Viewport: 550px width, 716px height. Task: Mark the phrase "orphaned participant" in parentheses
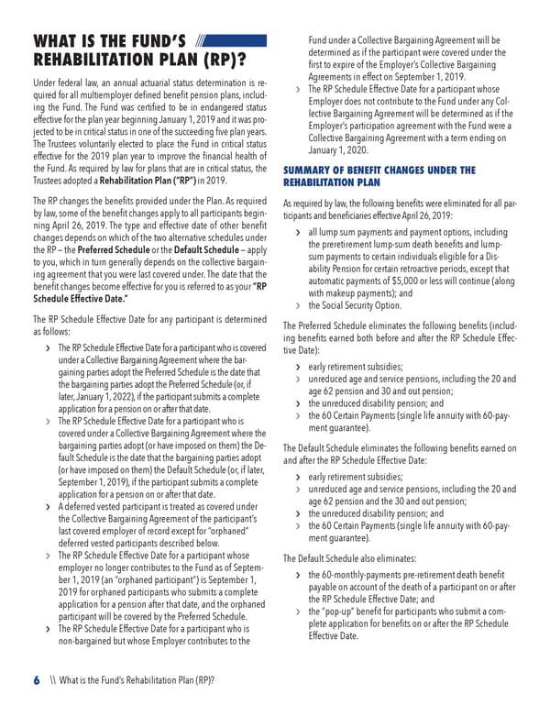pos(145,579)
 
